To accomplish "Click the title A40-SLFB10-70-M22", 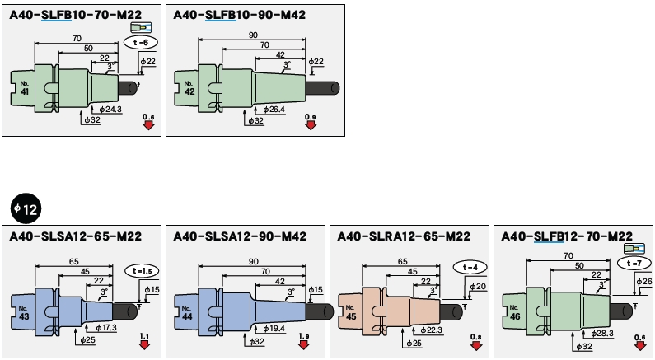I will (x=73, y=15).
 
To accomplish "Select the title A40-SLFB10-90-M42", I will (x=236, y=15).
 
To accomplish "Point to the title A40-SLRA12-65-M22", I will (x=405, y=236).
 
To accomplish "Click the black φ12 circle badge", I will (x=25, y=209).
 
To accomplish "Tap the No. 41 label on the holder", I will (x=25, y=88).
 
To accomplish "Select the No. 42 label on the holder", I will (x=189, y=88).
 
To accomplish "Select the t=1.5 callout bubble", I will (x=141, y=269).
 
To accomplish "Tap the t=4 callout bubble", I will (x=469, y=267).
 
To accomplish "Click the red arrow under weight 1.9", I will (x=304, y=344).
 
